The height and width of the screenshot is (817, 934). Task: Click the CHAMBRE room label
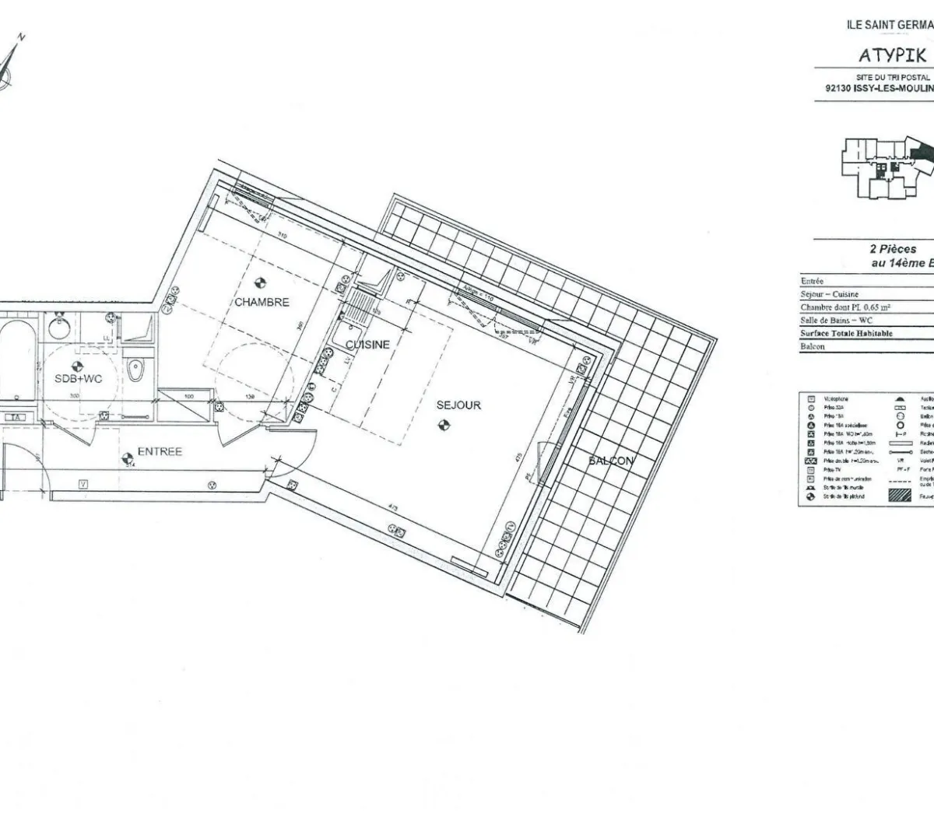pos(262,302)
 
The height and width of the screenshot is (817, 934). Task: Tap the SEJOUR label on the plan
pos(458,405)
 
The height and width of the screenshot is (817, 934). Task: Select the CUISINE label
pos(367,344)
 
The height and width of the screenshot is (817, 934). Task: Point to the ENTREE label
pos(160,451)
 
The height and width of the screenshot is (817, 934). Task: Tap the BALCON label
pos(611,461)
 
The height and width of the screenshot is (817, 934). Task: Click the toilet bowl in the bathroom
pos(135,370)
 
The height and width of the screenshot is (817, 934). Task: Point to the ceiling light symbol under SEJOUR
pos(443,424)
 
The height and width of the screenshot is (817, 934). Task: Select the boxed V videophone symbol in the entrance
pos(83,484)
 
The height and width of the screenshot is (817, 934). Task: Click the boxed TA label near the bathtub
pos(15,418)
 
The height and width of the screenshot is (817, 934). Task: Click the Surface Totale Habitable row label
pos(846,333)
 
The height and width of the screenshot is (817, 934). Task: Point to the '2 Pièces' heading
pos(892,250)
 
